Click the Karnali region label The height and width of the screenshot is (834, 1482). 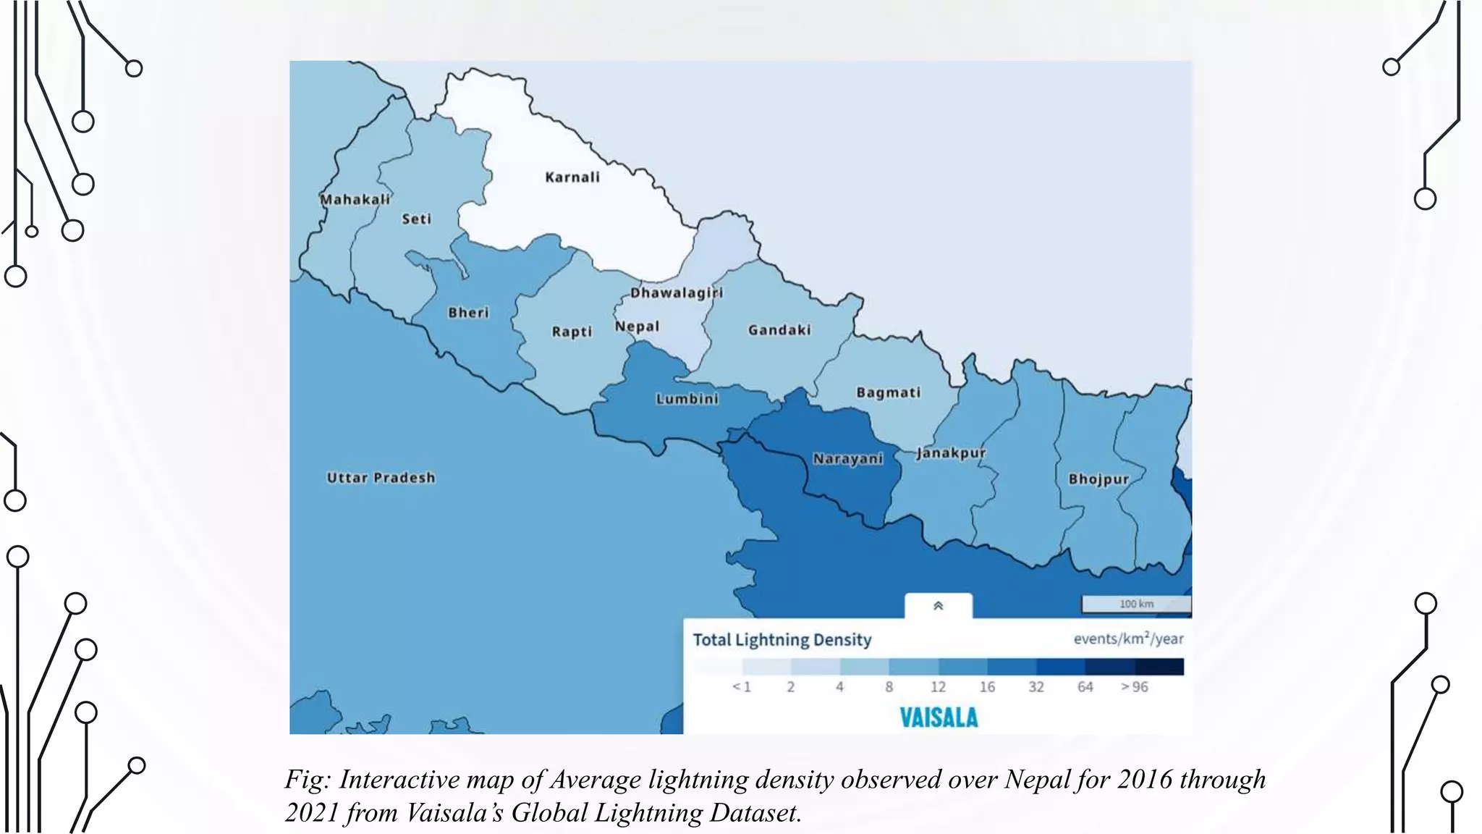572,177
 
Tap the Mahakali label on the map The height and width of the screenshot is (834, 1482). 355,199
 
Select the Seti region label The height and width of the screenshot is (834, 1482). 416,219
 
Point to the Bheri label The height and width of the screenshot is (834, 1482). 468,313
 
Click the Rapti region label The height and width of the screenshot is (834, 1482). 572,332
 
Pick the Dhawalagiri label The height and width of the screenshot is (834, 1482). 677,292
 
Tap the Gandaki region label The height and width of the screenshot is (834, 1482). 779,330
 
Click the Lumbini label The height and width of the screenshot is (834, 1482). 687,399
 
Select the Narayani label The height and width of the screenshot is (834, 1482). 847,459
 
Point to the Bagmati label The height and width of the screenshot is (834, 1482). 888,392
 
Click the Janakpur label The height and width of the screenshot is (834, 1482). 950,453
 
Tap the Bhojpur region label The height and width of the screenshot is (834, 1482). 1098,479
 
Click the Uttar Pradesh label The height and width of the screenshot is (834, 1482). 381,478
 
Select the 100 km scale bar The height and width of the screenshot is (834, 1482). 1135,604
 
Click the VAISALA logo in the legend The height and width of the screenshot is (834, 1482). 939,717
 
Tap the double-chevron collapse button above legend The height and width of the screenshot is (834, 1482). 938,606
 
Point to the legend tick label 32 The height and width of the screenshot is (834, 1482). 1036,687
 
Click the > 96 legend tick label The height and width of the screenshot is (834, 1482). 1134,687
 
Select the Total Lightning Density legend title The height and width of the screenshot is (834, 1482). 782,640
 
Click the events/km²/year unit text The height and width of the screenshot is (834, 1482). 1128,639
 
